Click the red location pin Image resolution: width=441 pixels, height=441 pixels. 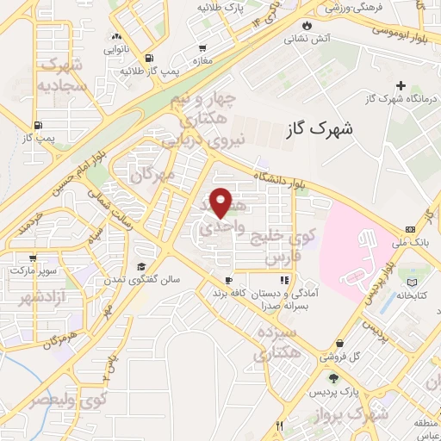pos(222,202)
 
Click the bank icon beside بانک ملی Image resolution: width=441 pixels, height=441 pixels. pos(410,228)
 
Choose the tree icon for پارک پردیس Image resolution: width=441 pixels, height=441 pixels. pos(332,379)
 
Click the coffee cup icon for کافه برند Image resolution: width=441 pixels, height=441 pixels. pos(229,280)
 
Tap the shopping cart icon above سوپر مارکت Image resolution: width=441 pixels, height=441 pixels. pos(33,258)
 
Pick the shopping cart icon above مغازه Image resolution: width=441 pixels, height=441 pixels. pos(202,48)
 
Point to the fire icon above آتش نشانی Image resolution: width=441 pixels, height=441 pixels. pos(307,25)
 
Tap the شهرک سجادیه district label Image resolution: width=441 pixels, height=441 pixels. pos(61,75)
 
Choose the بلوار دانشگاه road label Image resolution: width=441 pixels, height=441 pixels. pos(281,180)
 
